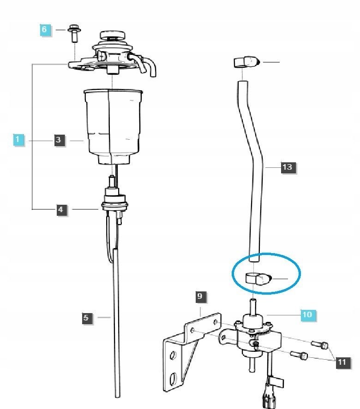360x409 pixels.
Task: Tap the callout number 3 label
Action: click(59, 140)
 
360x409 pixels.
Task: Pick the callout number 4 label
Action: click(60, 210)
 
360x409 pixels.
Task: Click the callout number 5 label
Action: click(85, 317)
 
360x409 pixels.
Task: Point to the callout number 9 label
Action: click(200, 296)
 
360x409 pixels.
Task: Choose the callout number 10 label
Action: click(306, 315)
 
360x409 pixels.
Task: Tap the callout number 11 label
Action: click(342, 362)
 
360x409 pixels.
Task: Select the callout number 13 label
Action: click(287, 167)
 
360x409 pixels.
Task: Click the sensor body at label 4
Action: click(113, 199)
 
